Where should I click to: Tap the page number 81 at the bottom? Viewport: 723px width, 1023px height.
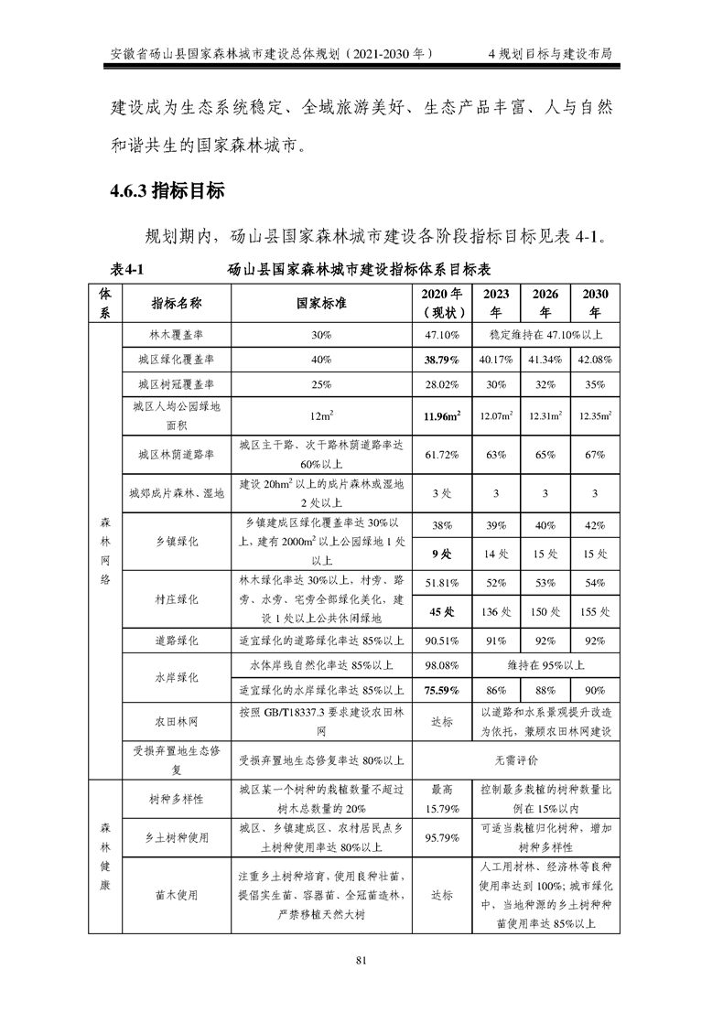tap(361, 959)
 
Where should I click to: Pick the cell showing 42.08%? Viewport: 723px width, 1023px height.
tap(595, 360)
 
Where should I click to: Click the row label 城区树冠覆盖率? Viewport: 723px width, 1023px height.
tap(176, 384)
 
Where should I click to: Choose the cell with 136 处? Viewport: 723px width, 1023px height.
tap(495, 611)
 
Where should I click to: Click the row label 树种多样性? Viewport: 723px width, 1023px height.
tap(176, 799)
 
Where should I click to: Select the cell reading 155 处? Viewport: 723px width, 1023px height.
tap(595, 611)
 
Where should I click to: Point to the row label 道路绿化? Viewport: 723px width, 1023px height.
tap(176, 641)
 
